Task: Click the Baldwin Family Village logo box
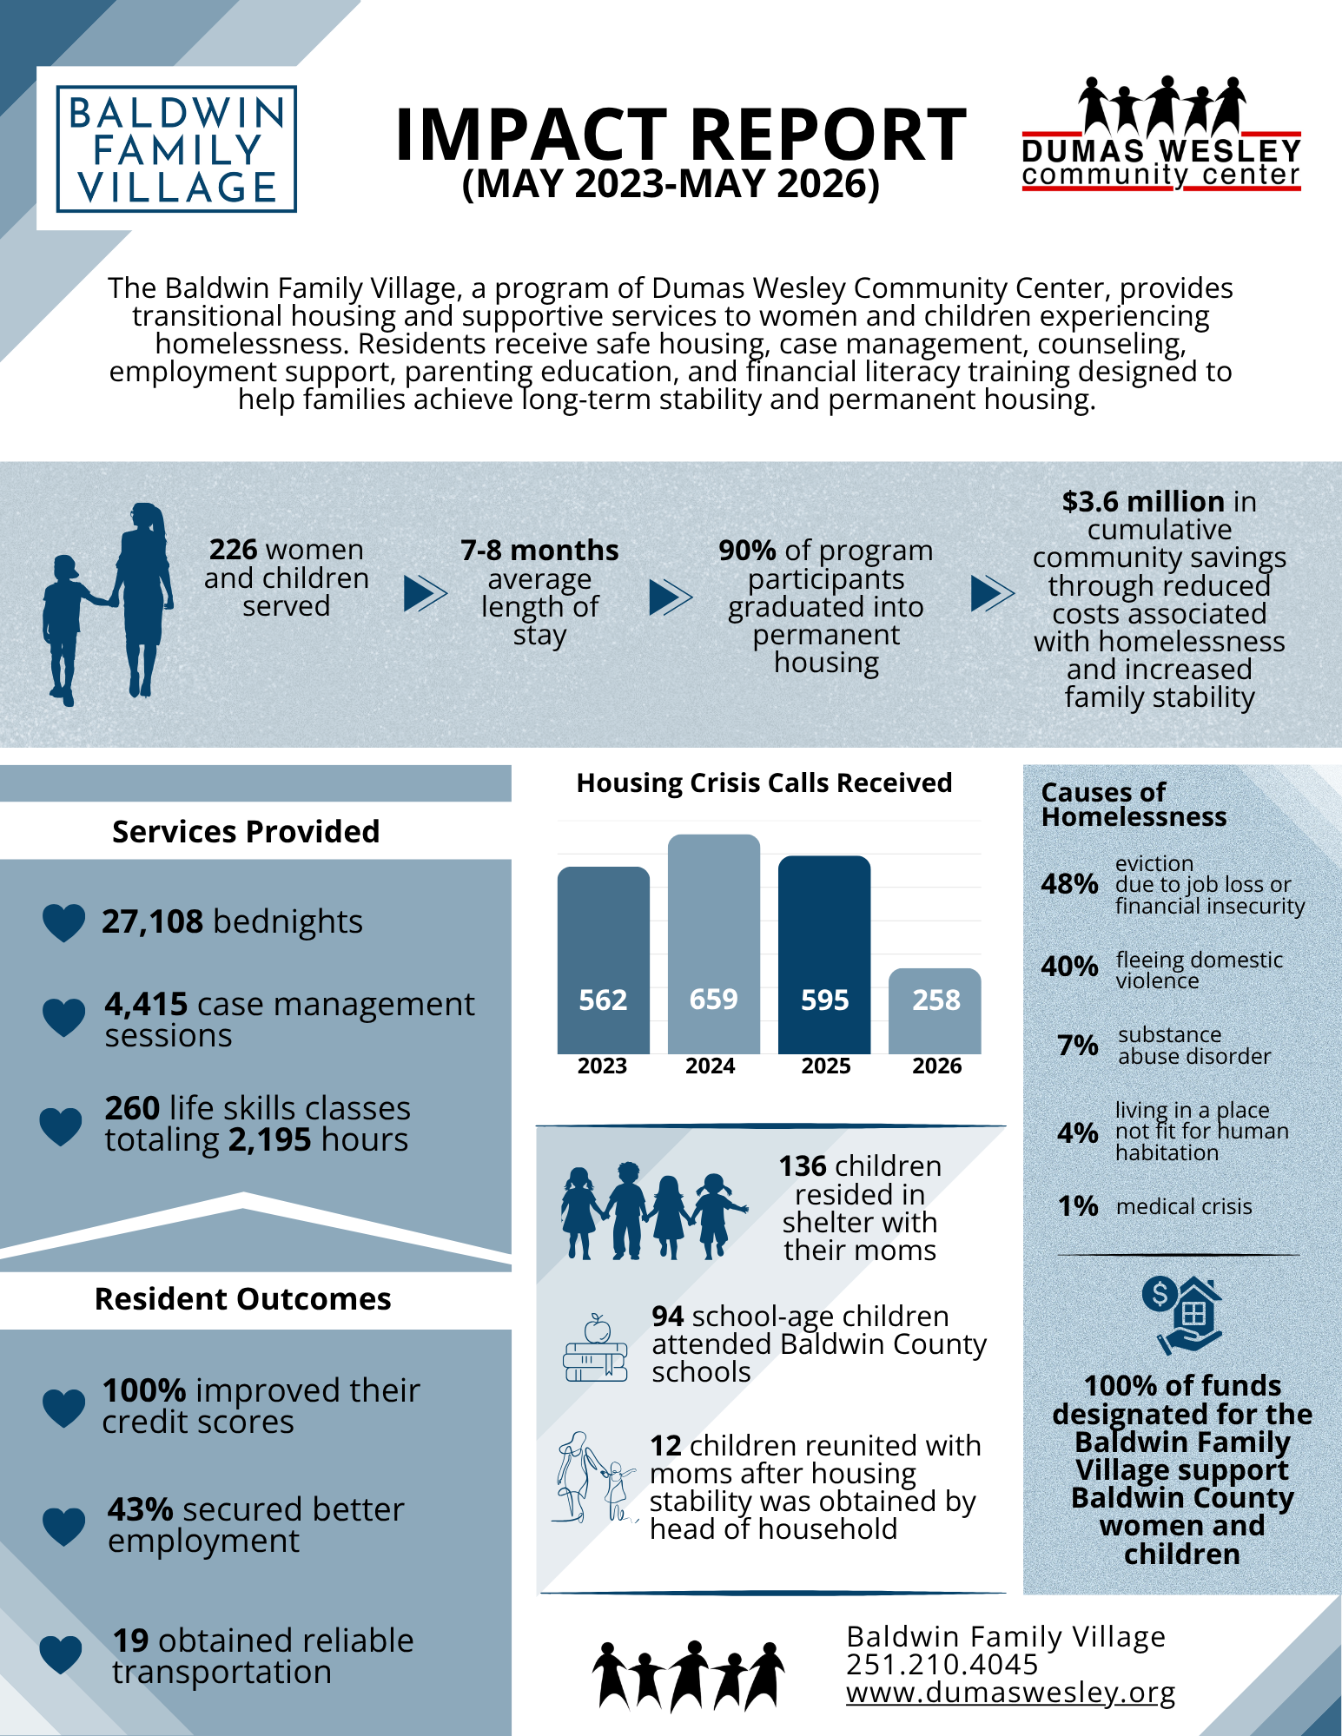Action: pos(176,149)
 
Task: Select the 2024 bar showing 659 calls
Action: pos(714,944)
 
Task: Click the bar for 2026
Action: pos(935,1011)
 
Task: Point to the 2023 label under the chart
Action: pos(603,1066)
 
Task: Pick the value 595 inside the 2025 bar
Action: pos(824,1000)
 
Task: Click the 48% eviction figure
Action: pos(1069,884)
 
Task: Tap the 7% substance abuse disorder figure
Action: pos(1078,1046)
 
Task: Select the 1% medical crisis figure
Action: pos(1078,1206)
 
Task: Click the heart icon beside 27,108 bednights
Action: pos(64,922)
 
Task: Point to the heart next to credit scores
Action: pos(64,1408)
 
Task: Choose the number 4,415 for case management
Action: pos(146,1005)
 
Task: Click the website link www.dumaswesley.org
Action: pos(1011,1693)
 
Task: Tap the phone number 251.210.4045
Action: pos(942,1665)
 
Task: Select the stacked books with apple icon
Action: pos(596,1348)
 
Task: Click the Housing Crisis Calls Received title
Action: pos(764,783)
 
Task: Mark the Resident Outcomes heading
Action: pos(243,1299)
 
